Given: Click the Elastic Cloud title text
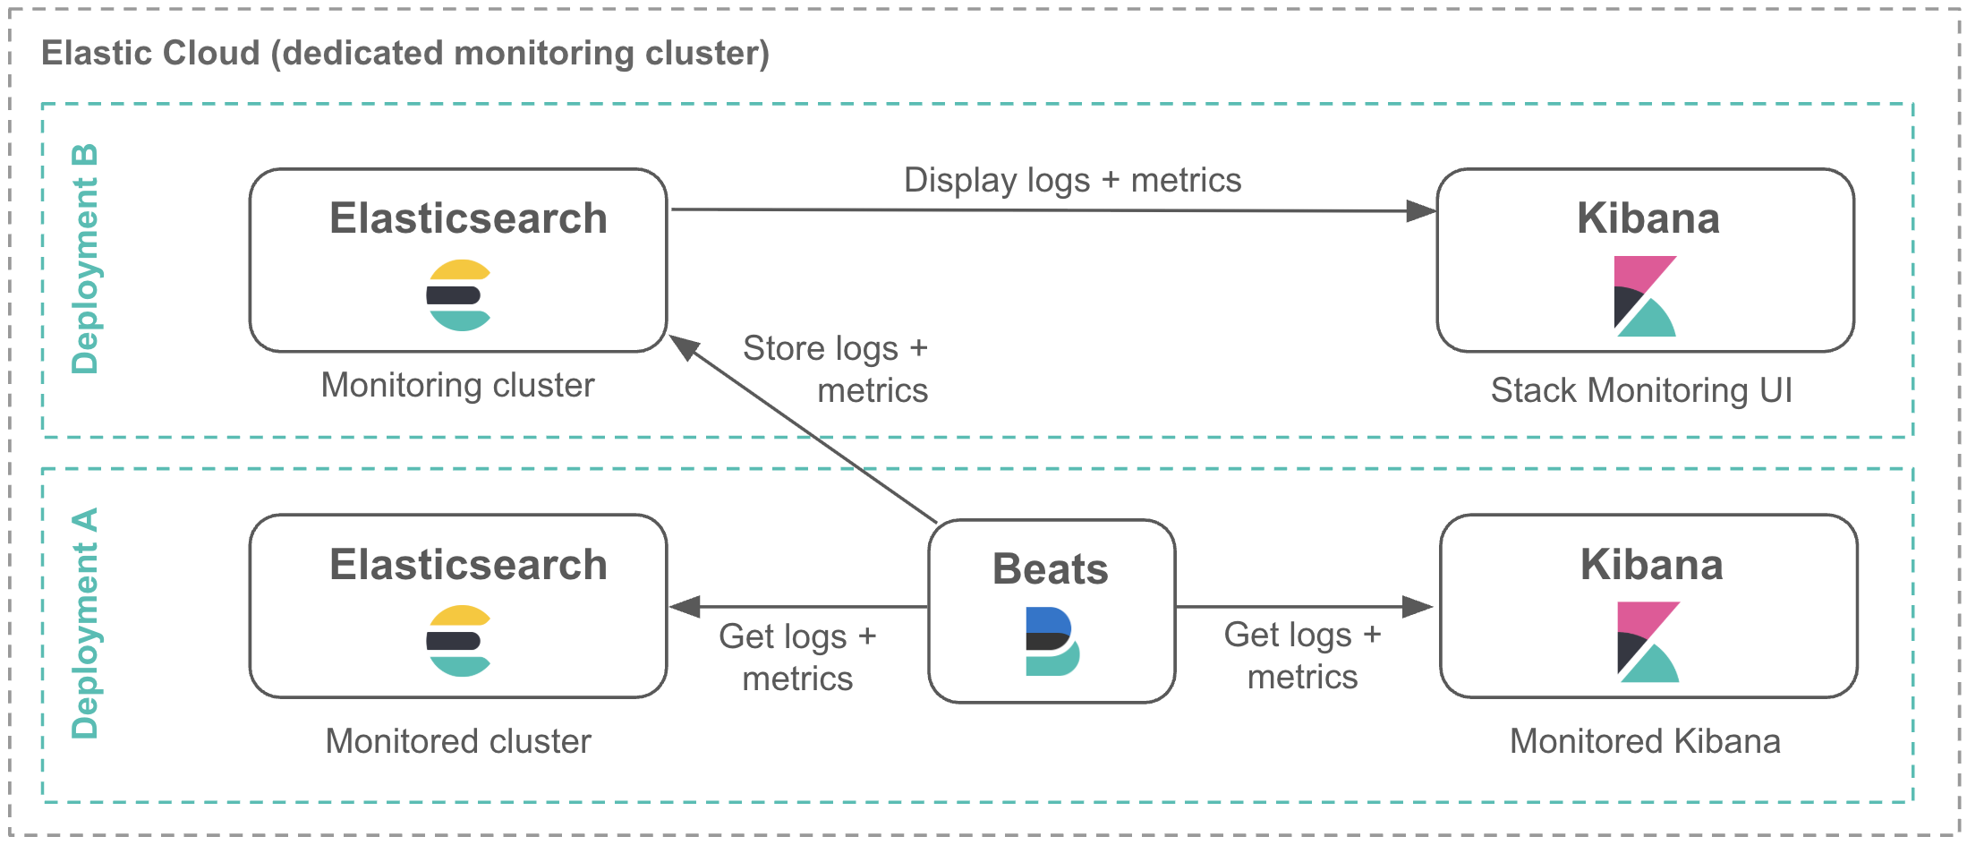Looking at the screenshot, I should pos(404,54).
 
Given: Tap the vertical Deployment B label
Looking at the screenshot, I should pos(85,259).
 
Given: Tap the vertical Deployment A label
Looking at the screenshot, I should pos(85,624).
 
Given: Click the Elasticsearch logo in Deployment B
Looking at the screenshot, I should pos(458,295).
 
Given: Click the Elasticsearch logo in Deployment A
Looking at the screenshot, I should pos(458,641).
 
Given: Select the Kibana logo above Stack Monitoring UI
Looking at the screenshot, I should pos(1645,296).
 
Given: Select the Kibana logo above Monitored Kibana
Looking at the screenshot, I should pos(1648,642).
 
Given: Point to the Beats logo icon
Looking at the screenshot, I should pos(1052,641).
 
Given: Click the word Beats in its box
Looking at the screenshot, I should pos(1051,569).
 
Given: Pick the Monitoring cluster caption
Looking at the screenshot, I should pos(457,386).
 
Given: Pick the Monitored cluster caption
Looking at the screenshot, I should pos(458,741).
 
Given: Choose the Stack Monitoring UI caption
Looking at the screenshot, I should pos(1641,390).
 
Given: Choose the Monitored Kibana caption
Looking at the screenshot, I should pos(1645,741).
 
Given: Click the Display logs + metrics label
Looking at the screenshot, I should pos(1072,180).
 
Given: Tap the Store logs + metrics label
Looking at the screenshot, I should pos(836,369).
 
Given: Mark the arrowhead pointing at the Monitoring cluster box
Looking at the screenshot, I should pos(685,346).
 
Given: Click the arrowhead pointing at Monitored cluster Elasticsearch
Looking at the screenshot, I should pos(685,607).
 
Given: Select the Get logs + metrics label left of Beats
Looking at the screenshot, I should pos(797,657).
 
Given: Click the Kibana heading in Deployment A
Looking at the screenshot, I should pos(1651,565).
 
